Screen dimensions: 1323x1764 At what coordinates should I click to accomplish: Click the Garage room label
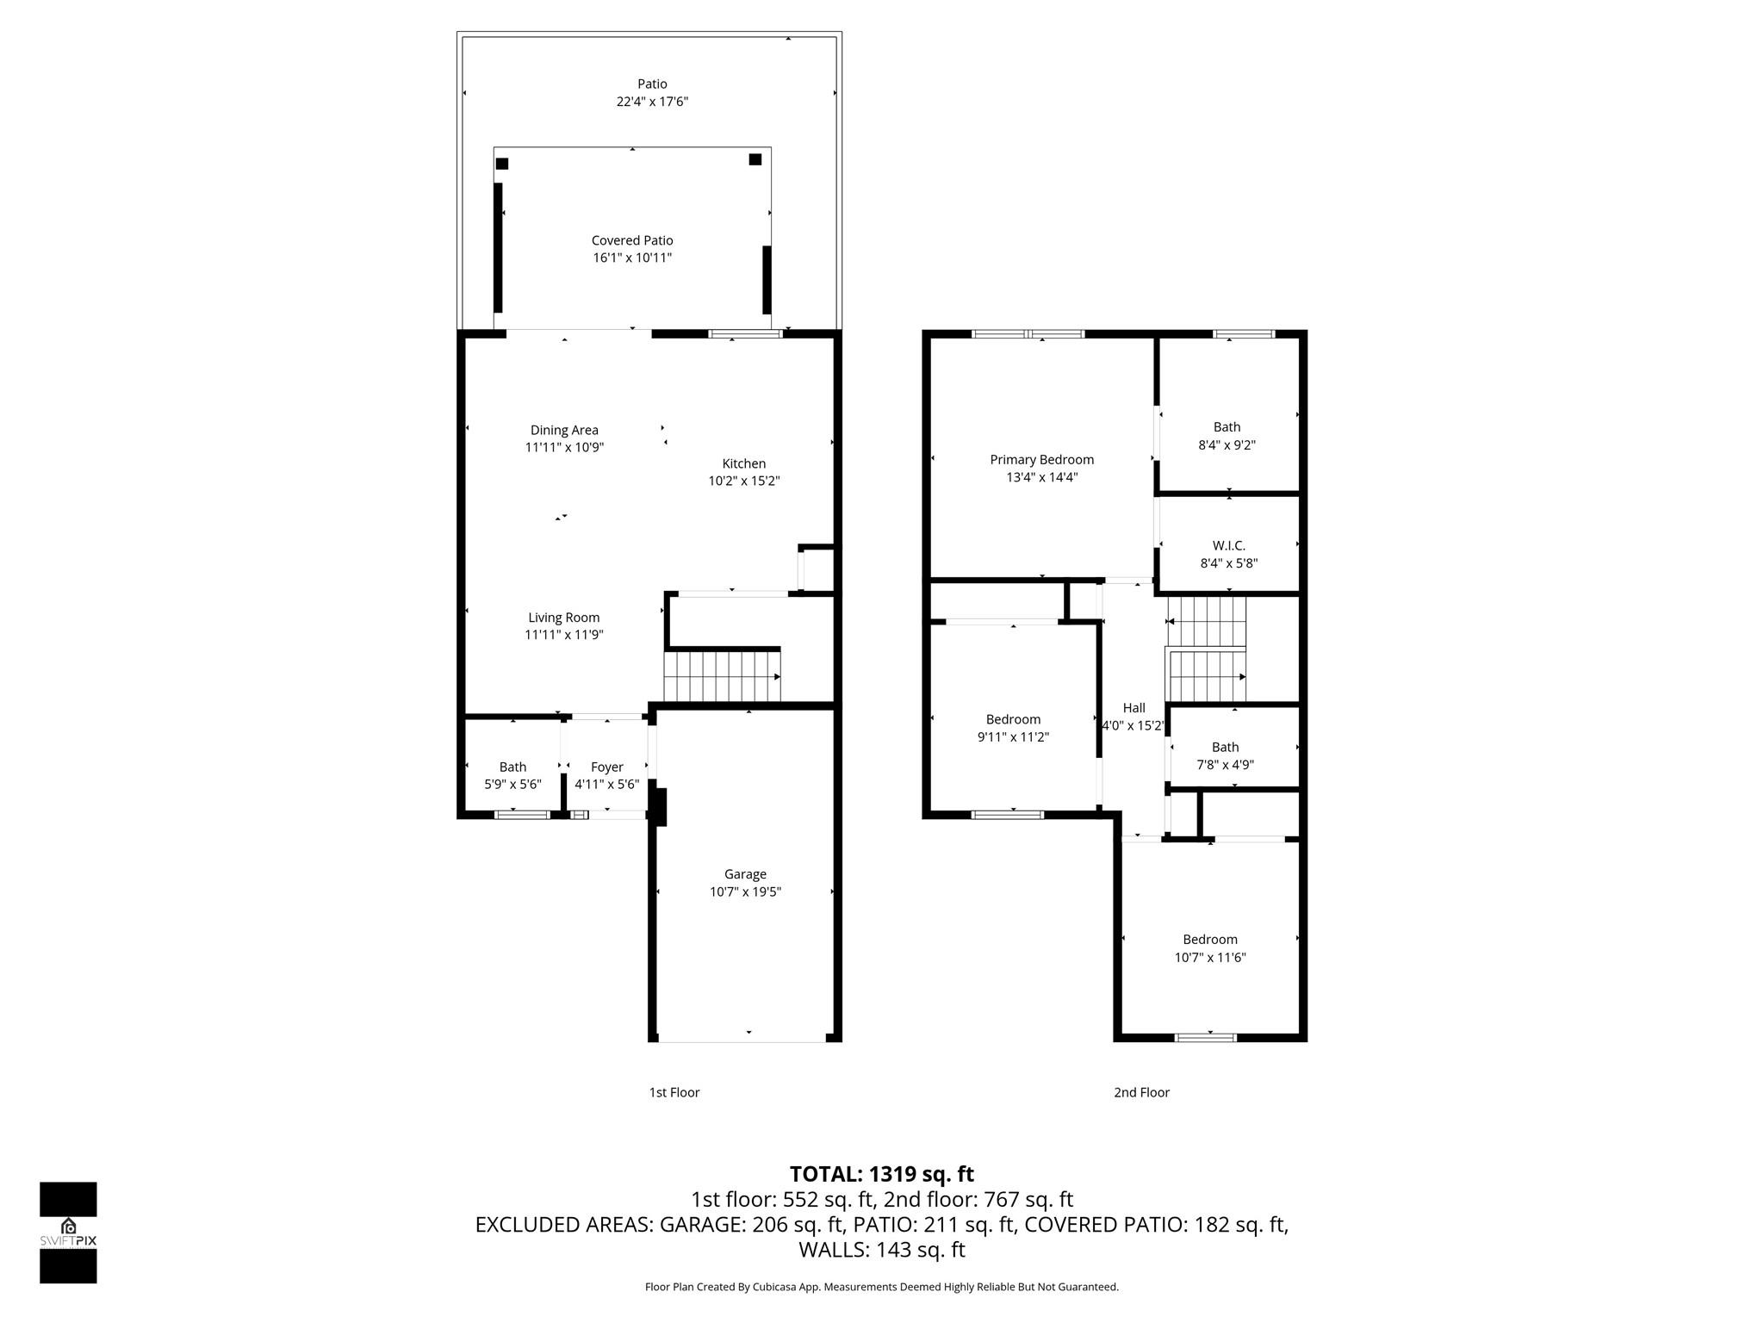click(x=745, y=874)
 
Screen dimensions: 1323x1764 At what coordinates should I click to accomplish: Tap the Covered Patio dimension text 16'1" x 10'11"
click(x=632, y=258)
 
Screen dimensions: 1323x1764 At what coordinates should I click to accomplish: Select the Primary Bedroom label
click(x=1041, y=460)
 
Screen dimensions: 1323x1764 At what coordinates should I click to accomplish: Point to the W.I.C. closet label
click(x=1228, y=546)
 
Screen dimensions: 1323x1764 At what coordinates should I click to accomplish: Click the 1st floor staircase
click(x=722, y=677)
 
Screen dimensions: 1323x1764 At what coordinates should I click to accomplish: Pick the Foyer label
click(x=606, y=767)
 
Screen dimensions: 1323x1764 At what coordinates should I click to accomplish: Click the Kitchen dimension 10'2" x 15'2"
click(x=743, y=481)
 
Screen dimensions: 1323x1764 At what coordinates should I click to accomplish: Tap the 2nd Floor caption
click(x=1141, y=1092)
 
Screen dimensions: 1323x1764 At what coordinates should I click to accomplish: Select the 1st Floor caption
click(x=674, y=1092)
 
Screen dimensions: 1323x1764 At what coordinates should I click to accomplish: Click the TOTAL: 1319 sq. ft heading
click(x=881, y=1174)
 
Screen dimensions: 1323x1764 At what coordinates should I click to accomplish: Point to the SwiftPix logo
click(x=68, y=1232)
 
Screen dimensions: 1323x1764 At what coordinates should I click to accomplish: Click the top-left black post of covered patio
click(x=502, y=164)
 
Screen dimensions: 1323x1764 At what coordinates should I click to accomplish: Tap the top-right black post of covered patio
click(x=755, y=159)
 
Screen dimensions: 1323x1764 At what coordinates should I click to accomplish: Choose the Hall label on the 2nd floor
click(x=1134, y=708)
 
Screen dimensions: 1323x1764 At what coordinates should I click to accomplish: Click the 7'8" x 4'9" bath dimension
click(x=1225, y=765)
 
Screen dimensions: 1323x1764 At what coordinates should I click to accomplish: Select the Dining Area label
click(x=564, y=430)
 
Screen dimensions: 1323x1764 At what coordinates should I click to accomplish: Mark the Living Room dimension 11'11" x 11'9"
click(x=564, y=635)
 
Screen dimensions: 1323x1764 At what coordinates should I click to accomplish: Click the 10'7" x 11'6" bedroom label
click(x=1210, y=957)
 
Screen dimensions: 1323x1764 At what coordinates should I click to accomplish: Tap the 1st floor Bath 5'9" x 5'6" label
click(x=512, y=767)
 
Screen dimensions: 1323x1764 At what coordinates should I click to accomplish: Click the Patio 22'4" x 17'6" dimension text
click(x=652, y=102)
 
